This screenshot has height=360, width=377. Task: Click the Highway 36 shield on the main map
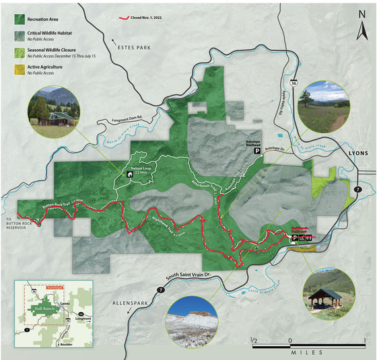[x=293, y=83]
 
